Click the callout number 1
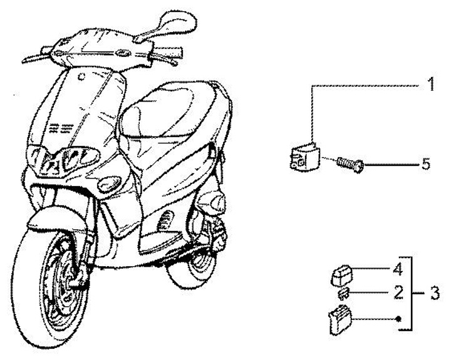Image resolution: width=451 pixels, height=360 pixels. [x=431, y=85]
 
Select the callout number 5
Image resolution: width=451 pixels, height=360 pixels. [x=426, y=165]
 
